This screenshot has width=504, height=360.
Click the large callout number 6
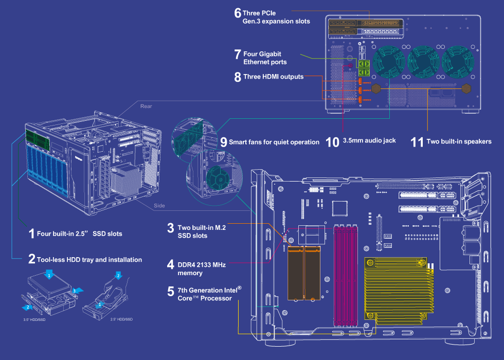(x=238, y=13)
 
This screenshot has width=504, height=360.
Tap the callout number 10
(x=333, y=141)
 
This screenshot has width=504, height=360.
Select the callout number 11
(x=417, y=141)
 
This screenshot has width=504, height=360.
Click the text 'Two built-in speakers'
(x=459, y=141)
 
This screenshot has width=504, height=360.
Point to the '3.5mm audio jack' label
(x=369, y=140)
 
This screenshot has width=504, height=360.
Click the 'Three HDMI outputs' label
(x=273, y=77)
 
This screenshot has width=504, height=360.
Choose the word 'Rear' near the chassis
(x=146, y=106)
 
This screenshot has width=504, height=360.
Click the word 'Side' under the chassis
(x=159, y=206)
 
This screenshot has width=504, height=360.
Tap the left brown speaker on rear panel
(x=376, y=88)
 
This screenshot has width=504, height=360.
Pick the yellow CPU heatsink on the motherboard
(x=396, y=288)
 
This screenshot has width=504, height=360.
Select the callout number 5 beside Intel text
(x=171, y=292)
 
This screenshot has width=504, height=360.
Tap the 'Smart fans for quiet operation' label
(x=274, y=142)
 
